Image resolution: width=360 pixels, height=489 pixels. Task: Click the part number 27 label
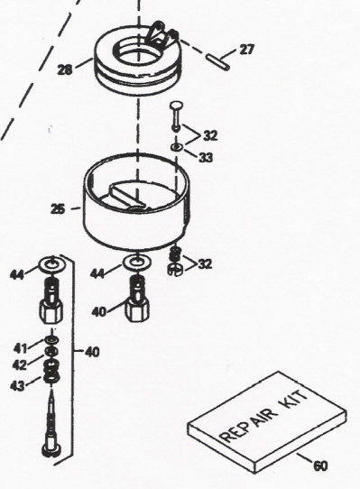click(x=246, y=50)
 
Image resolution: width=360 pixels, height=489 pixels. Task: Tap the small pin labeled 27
click(x=218, y=62)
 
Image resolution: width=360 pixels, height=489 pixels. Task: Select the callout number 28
click(x=65, y=69)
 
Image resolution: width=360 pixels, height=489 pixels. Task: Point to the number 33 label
click(x=206, y=158)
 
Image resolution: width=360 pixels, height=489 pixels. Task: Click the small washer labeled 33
click(x=177, y=146)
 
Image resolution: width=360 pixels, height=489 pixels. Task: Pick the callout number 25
click(x=58, y=208)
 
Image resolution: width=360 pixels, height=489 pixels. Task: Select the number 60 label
click(x=320, y=466)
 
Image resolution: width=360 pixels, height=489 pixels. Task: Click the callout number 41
click(x=20, y=348)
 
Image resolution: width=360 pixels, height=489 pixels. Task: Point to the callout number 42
click(x=20, y=364)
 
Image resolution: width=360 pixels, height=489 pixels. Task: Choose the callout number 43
click(x=17, y=386)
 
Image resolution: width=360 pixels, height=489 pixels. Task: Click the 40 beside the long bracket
click(x=92, y=353)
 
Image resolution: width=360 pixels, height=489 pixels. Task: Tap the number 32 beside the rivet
click(x=210, y=136)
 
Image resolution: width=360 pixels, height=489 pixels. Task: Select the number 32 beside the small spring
click(x=205, y=264)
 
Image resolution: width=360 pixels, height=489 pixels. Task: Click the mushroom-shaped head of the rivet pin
click(x=177, y=106)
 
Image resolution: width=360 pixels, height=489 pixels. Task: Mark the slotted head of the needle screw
click(x=51, y=450)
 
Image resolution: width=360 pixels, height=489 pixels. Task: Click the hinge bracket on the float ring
click(x=162, y=36)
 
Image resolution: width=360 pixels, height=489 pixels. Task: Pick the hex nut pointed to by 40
click(x=137, y=309)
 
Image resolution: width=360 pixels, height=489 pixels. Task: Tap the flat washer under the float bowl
click(x=137, y=263)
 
